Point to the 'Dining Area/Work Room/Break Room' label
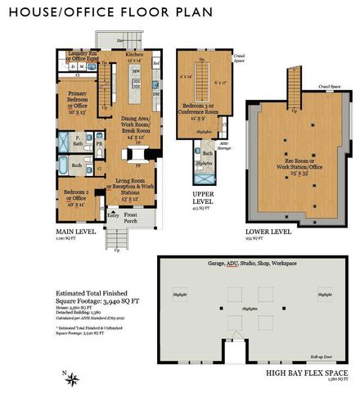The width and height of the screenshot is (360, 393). [134, 128]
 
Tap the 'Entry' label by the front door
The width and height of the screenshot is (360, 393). [111, 214]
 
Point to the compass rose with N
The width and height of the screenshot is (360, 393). [72, 377]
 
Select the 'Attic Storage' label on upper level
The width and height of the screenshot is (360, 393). [218, 147]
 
